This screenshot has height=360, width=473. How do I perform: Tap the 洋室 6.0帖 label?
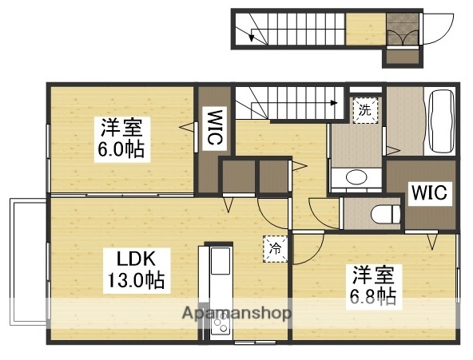click(x=122, y=137)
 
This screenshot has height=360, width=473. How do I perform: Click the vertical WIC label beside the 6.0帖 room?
click(x=214, y=128)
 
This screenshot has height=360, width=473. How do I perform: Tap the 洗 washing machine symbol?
click(x=364, y=111)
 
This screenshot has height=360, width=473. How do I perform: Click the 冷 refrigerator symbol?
click(x=272, y=247)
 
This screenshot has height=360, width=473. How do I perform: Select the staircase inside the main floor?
click(x=291, y=101)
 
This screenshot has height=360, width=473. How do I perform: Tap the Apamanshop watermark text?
click(x=237, y=312)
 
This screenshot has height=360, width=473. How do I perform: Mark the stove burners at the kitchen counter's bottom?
click(x=217, y=326)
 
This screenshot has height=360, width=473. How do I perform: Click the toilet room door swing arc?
click(x=327, y=214)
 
